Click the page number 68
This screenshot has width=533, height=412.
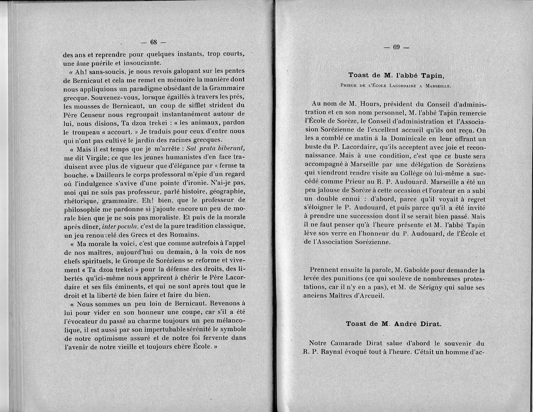point(153,42)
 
